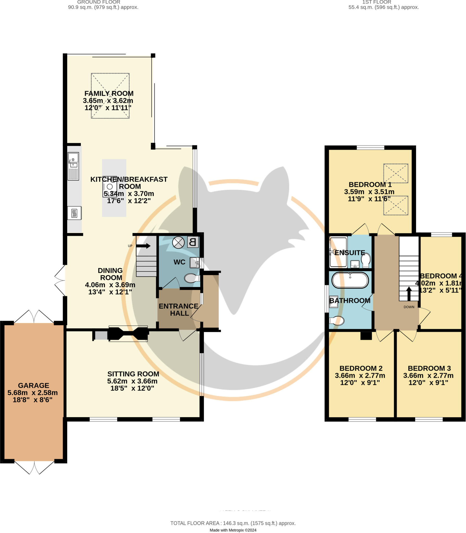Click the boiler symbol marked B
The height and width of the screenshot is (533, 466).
[x=192, y=242]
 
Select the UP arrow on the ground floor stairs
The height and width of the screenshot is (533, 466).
[x=143, y=246]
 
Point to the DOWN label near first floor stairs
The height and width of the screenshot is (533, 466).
[x=409, y=307]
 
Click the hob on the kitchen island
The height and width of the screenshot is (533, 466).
[x=110, y=186]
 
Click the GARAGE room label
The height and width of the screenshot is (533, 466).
[x=33, y=385]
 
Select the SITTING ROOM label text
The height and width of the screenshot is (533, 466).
[x=133, y=374]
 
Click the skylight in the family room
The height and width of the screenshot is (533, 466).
[x=110, y=96]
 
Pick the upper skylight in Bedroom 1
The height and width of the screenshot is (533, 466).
[x=395, y=173]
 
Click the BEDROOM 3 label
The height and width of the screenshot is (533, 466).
[x=429, y=368]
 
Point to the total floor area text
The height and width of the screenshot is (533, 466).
[x=233, y=523]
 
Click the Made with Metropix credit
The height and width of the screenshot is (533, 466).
[x=233, y=530]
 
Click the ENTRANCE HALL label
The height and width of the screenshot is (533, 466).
[x=178, y=310]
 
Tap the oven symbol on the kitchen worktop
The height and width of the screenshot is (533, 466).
[x=74, y=213]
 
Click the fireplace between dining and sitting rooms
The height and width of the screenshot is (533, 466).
[x=128, y=334]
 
